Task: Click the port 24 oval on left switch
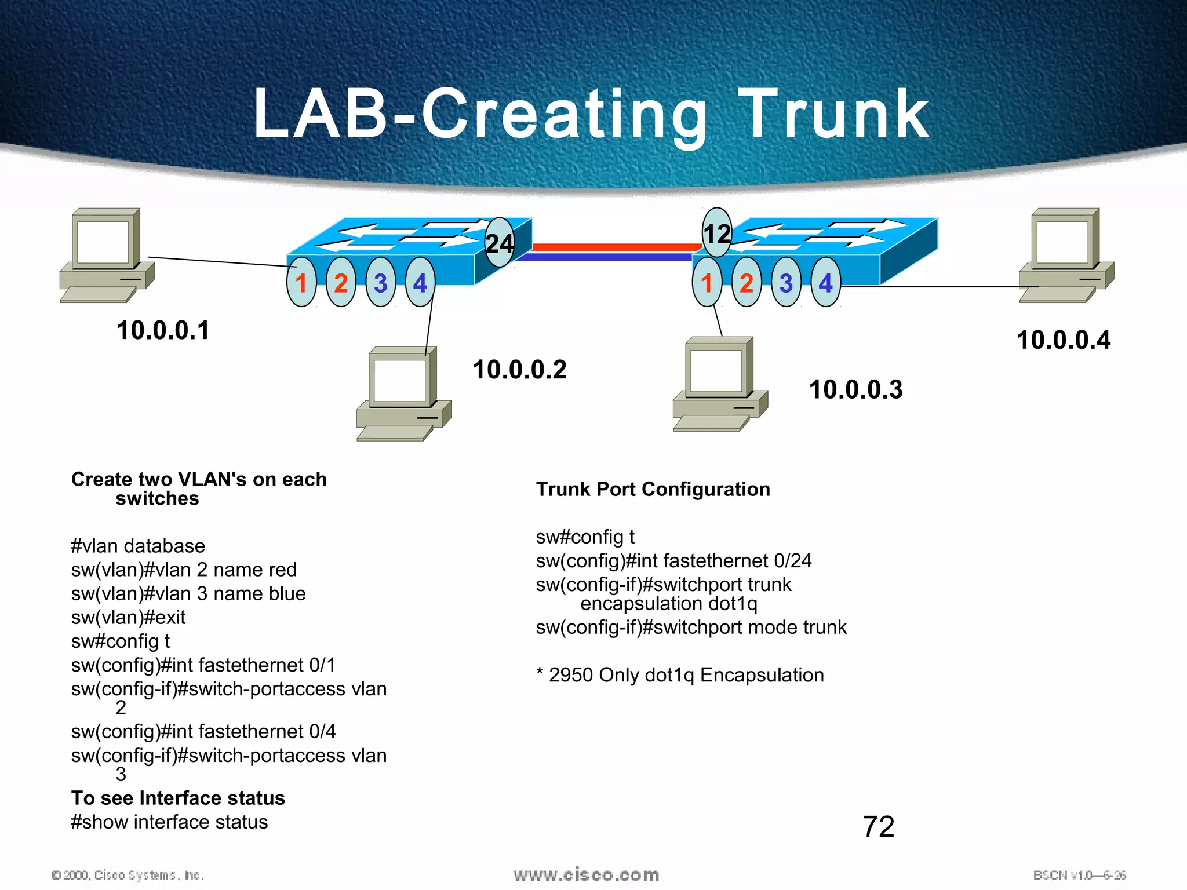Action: tap(499, 243)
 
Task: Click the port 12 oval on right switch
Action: tap(717, 233)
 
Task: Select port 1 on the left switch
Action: tap(301, 283)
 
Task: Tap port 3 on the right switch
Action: tap(786, 283)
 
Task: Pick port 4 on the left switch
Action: tap(420, 283)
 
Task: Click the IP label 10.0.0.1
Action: tap(163, 330)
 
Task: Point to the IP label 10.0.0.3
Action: tap(855, 389)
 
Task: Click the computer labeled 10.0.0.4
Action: tap(1065, 255)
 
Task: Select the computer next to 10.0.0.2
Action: tap(403, 394)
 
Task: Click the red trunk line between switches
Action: tap(614, 247)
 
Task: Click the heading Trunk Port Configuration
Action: tap(653, 489)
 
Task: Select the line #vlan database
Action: tap(138, 546)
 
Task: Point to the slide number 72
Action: tap(878, 826)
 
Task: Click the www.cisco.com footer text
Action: tap(586, 874)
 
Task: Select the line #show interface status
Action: tap(169, 822)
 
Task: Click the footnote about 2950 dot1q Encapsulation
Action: tap(680, 675)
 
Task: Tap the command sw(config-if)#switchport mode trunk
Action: tap(691, 627)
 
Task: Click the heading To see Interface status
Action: tap(178, 798)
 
